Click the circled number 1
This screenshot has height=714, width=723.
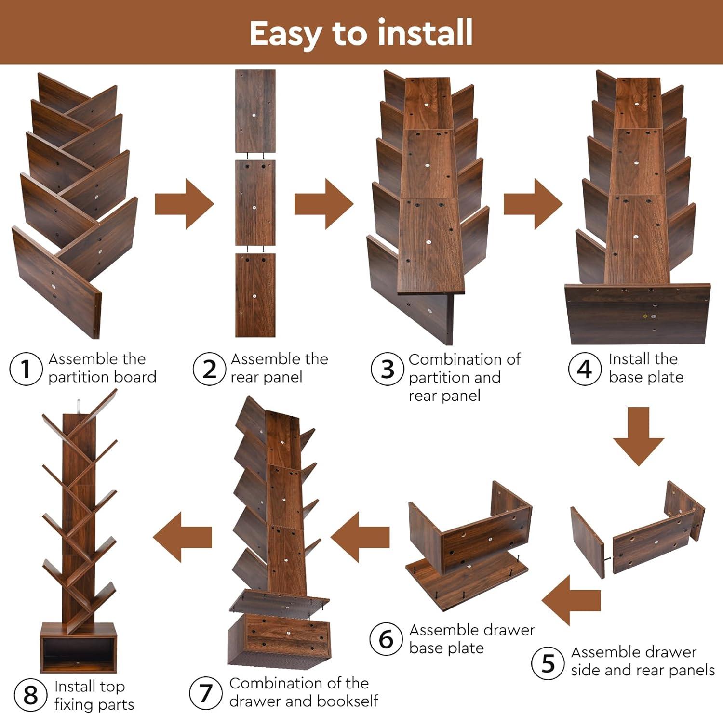26,369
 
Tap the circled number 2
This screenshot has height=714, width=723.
209,369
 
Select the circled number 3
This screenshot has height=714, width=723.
388,369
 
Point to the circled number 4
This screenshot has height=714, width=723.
585,369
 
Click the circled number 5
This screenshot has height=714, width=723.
548,663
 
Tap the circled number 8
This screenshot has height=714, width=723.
30,694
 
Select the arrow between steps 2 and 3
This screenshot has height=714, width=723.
323,204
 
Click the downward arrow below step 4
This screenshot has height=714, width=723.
639,436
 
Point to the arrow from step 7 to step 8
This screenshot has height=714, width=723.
183,537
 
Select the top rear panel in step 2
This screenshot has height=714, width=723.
255,111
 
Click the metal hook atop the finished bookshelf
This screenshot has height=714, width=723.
79,406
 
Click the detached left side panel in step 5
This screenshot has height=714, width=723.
588,542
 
